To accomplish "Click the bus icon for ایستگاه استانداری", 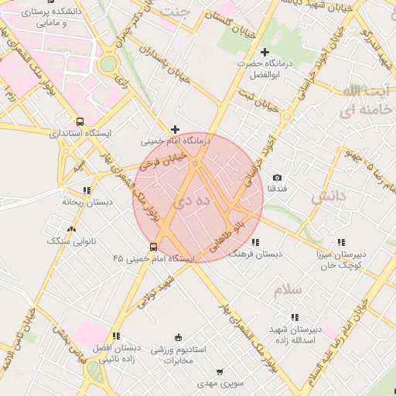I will point(80,121).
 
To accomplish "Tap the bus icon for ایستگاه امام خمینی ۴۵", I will point(153,247).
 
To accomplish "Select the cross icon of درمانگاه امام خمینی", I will point(176,129).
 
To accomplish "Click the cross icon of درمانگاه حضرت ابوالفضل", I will point(265,52).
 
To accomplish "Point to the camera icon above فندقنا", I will point(277,178).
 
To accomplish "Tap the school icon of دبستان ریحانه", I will point(87,189).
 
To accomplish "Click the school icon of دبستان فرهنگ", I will point(256,242).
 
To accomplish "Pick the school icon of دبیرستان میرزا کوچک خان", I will point(341,242).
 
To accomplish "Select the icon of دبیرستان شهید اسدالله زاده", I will point(294,317).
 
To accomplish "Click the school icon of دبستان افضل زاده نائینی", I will point(116,336).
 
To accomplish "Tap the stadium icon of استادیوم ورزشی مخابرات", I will point(178,336).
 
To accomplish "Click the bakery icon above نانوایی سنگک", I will point(72,229).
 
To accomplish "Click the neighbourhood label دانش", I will point(326,198).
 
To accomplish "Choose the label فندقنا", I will point(277,189).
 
